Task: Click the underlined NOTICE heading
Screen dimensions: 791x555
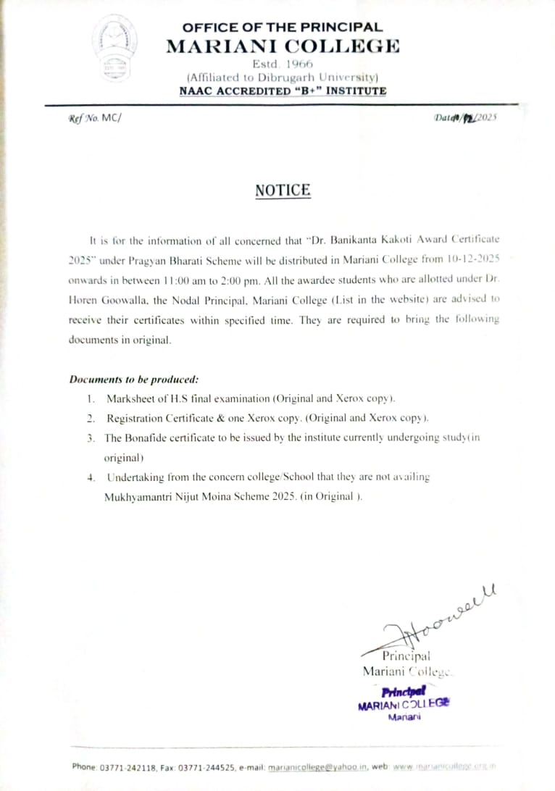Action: [283, 191]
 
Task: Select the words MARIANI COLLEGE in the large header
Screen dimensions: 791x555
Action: [283, 46]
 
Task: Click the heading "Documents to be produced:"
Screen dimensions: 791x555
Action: [133, 379]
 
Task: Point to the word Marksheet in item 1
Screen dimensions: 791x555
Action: [133, 398]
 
